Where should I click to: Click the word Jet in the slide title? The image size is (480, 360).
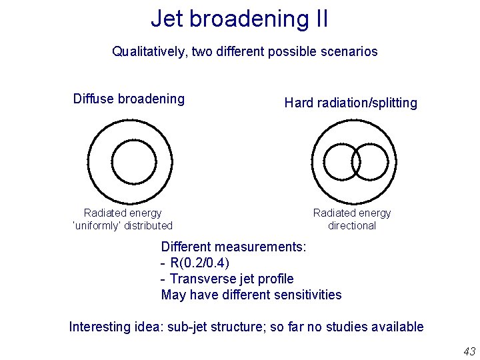(167, 19)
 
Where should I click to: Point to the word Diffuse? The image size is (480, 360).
(93, 99)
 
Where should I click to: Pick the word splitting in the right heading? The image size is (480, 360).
(394, 103)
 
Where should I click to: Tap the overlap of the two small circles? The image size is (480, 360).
(355, 162)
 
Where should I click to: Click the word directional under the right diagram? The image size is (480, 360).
(352, 225)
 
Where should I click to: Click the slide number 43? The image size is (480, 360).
(469, 351)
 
